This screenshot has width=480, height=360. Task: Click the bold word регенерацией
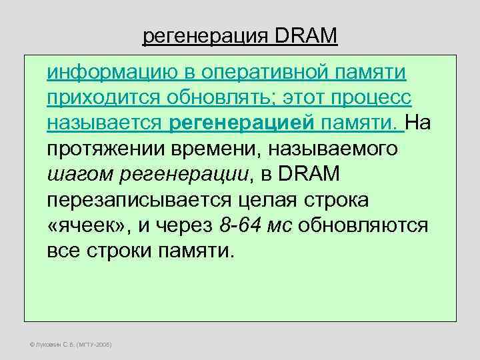(227, 124)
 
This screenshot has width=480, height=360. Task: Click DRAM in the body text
(308, 174)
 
